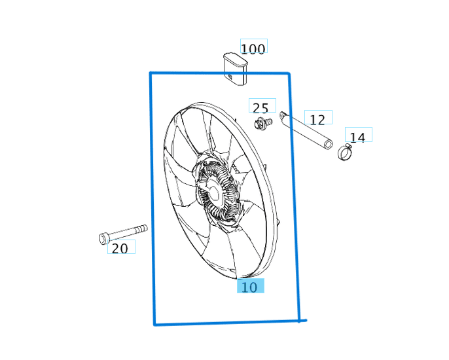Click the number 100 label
coord(253,48)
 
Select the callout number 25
coord(260,108)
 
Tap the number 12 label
coord(317,119)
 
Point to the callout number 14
coord(357,137)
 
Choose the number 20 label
coord(120,248)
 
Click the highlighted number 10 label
coord(249,287)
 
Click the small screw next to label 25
coord(263,123)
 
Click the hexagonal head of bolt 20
coord(104,238)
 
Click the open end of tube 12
coord(329,145)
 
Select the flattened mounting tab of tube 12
coord(283,117)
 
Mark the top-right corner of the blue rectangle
coord(289,74)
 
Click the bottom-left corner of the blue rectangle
coord(154,323)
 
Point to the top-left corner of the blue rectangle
coord(151,73)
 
